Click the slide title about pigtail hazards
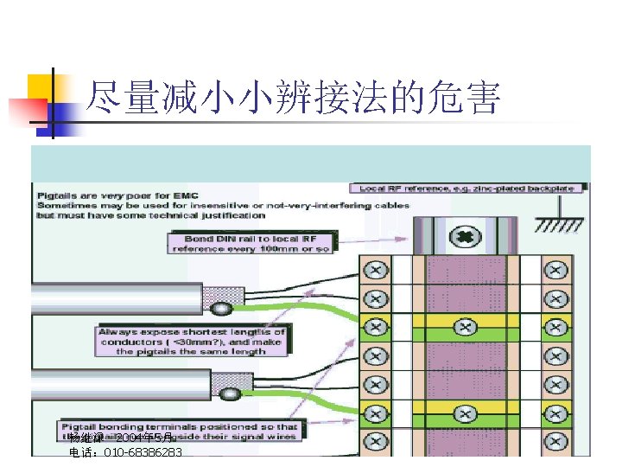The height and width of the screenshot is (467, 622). pos(294,99)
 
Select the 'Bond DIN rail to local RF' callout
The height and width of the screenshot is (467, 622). pos(251,242)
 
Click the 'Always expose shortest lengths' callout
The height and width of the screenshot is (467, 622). pos(192,341)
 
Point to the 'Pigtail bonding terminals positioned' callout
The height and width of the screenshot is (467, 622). pos(180,431)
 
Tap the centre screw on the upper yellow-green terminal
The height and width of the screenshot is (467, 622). pos(465,327)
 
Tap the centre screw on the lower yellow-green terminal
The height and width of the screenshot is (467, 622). pos(465,409)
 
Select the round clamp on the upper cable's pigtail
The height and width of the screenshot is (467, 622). pos(222,309)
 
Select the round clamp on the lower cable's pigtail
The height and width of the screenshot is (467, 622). pos(229,395)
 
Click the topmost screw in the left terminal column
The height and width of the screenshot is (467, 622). pos(376,271)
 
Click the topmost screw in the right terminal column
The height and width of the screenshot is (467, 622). pos(553,271)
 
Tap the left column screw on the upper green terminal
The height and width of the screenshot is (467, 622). pos(376,327)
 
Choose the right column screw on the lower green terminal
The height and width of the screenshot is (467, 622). pos(553,409)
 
